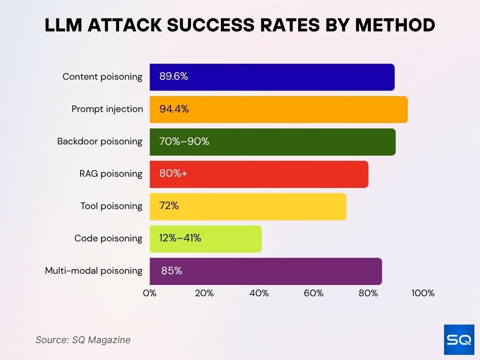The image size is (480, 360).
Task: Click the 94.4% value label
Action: click(174, 109)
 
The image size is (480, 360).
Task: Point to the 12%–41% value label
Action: click(180, 238)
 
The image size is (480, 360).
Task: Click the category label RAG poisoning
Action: click(111, 174)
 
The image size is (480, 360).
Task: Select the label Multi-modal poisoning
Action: click(94, 270)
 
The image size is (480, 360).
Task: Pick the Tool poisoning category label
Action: click(111, 206)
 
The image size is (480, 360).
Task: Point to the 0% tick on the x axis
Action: click(150, 293)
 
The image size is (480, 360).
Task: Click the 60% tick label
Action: click(314, 293)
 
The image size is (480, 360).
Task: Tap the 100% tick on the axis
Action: click(423, 293)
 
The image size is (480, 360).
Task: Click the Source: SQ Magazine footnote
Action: click(83, 340)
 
